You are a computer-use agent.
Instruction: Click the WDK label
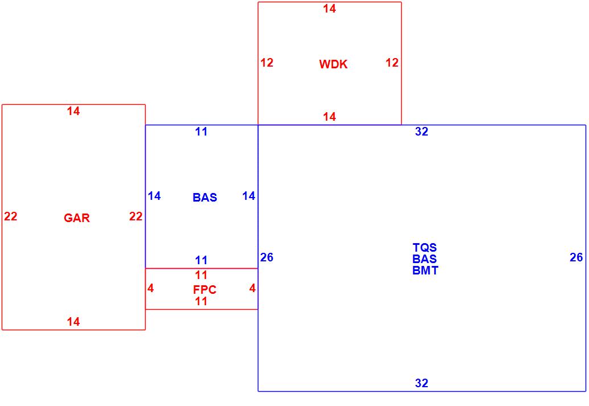[x=333, y=64]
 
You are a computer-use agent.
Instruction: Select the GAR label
[x=77, y=218]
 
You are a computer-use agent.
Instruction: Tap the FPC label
[x=204, y=290]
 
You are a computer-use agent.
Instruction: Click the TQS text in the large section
[x=425, y=248]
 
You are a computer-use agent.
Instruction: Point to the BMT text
[x=425, y=270]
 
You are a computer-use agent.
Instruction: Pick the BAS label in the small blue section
[x=204, y=198]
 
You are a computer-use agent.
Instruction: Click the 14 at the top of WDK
[x=329, y=9]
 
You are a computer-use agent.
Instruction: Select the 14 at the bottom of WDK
[x=329, y=117]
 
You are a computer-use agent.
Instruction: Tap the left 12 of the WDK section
[x=267, y=63]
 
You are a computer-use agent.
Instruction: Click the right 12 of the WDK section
[x=392, y=63]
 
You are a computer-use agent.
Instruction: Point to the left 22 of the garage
[x=11, y=216]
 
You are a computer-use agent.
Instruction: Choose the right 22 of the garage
[x=135, y=216]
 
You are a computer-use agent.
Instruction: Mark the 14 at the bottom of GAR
[x=73, y=322]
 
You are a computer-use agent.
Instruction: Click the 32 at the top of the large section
[x=421, y=132]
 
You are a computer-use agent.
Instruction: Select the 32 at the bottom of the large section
[x=421, y=383]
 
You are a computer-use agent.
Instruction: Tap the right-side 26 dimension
[x=576, y=257]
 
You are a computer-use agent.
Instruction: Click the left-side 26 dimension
[x=267, y=257]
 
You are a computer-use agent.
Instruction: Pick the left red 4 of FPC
[x=150, y=288]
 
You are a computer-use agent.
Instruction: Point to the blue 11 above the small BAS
[x=201, y=132]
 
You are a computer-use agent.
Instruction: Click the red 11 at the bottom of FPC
[x=201, y=301]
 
